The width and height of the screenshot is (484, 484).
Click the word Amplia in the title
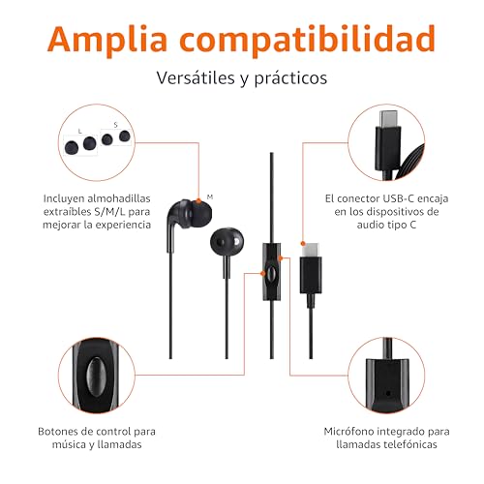[x=107, y=39]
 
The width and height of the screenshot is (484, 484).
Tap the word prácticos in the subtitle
[x=290, y=78]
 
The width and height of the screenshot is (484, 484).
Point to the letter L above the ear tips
[x=80, y=131]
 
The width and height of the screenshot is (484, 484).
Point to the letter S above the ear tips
[x=116, y=125]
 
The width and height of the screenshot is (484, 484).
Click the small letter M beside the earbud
[x=210, y=197]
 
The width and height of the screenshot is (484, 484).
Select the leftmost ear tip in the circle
[x=72, y=147]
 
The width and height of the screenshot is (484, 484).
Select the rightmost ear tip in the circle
[x=125, y=136]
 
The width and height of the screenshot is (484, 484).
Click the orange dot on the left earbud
[x=198, y=201]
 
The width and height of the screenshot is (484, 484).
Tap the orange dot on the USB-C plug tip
[x=303, y=243]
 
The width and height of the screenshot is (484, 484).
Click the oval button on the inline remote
[x=272, y=274]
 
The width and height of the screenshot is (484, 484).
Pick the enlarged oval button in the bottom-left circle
[x=96, y=376]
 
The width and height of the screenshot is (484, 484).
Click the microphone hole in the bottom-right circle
[x=388, y=393]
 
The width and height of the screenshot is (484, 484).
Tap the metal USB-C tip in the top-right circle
[x=388, y=119]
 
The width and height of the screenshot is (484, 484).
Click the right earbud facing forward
[x=227, y=242]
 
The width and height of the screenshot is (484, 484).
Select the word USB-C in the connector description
[x=398, y=198]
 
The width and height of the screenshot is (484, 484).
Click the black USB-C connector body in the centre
[x=311, y=275]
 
